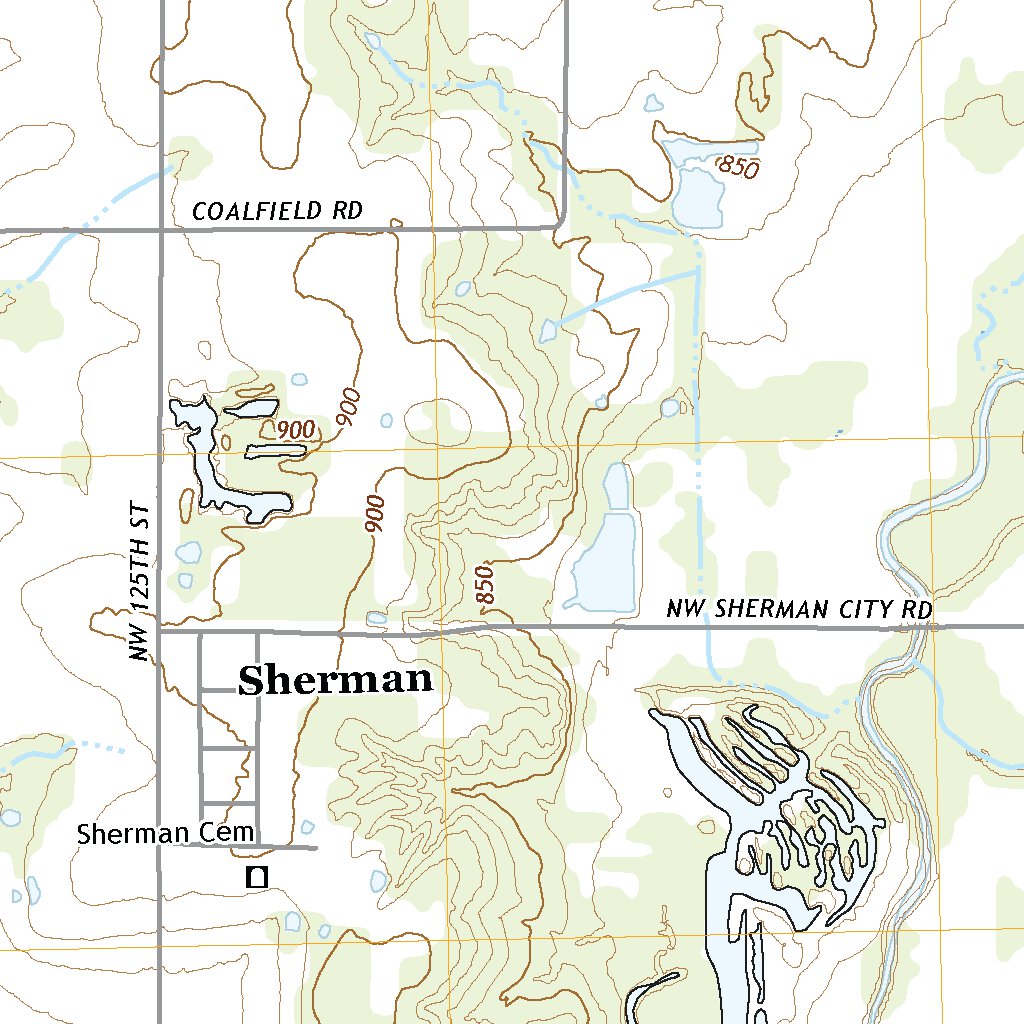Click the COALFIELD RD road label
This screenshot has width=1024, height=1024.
click(276, 211)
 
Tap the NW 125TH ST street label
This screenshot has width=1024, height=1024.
click(143, 581)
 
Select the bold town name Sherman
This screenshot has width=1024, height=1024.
click(335, 681)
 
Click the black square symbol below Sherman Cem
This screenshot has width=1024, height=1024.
click(257, 878)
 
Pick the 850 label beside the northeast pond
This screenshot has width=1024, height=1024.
click(739, 168)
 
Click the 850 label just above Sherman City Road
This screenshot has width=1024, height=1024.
click(486, 585)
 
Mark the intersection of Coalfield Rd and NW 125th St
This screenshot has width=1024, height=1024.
click(161, 230)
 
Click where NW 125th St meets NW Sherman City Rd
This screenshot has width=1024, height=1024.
click(161, 631)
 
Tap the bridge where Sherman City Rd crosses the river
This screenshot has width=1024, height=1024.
click(917, 628)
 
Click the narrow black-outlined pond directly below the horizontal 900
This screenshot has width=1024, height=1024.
click(275, 451)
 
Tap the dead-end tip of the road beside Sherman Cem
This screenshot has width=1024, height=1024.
click(316, 848)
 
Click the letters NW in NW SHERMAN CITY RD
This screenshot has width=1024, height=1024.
click(682, 609)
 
